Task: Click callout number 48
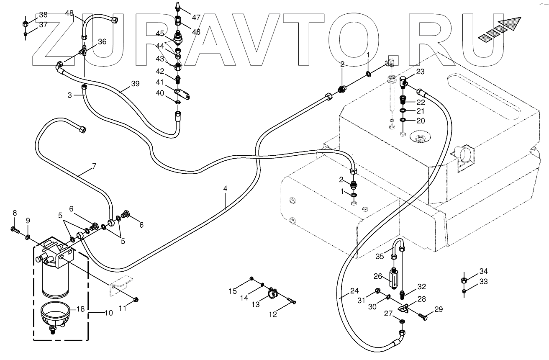tap(69, 13)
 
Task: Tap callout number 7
tap(94, 166)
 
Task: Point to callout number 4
tap(225, 189)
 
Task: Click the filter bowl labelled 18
tap(55, 315)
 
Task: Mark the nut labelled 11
tap(136, 299)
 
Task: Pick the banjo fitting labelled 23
tap(403, 81)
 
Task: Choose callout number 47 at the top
tap(196, 17)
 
